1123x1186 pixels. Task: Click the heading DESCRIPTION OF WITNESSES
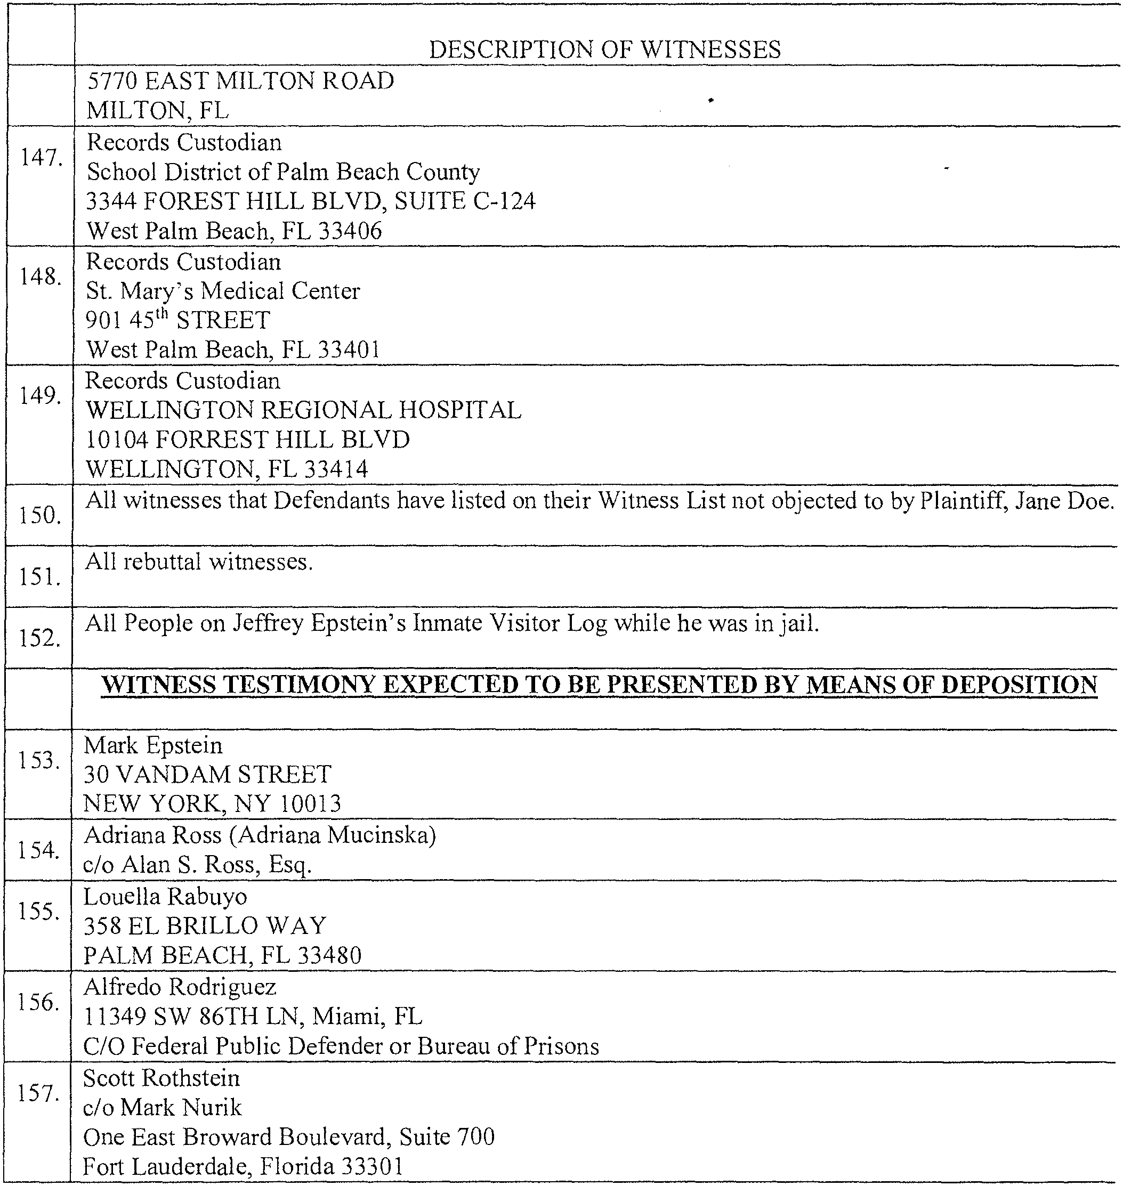point(604,50)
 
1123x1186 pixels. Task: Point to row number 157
point(38,1094)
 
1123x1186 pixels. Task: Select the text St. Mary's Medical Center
point(223,291)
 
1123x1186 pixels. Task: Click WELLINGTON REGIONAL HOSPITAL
point(303,410)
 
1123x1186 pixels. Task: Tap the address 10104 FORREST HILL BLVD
point(248,440)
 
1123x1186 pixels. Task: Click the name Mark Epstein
point(153,745)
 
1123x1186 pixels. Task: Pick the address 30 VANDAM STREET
point(207,775)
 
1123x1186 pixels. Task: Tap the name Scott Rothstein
point(161,1078)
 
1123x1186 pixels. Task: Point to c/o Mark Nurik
point(162,1108)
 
